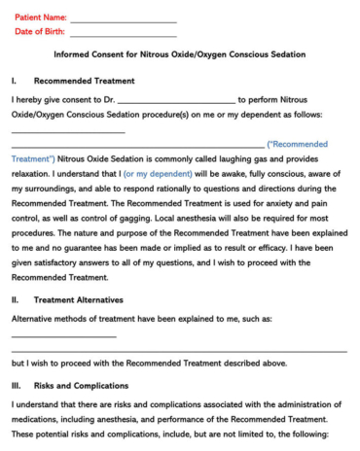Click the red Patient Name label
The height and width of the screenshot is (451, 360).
(x=40, y=17)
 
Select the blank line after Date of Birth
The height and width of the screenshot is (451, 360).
(x=123, y=34)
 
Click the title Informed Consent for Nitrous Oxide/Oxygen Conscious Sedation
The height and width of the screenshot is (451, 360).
(x=179, y=56)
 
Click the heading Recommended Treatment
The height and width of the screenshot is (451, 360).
(x=84, y=81)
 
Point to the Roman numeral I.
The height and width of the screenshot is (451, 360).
(x=14, y=81)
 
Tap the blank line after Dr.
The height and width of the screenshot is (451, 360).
(x=175, y=101)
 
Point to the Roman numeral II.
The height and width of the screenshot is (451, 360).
(x=15, y=300)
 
